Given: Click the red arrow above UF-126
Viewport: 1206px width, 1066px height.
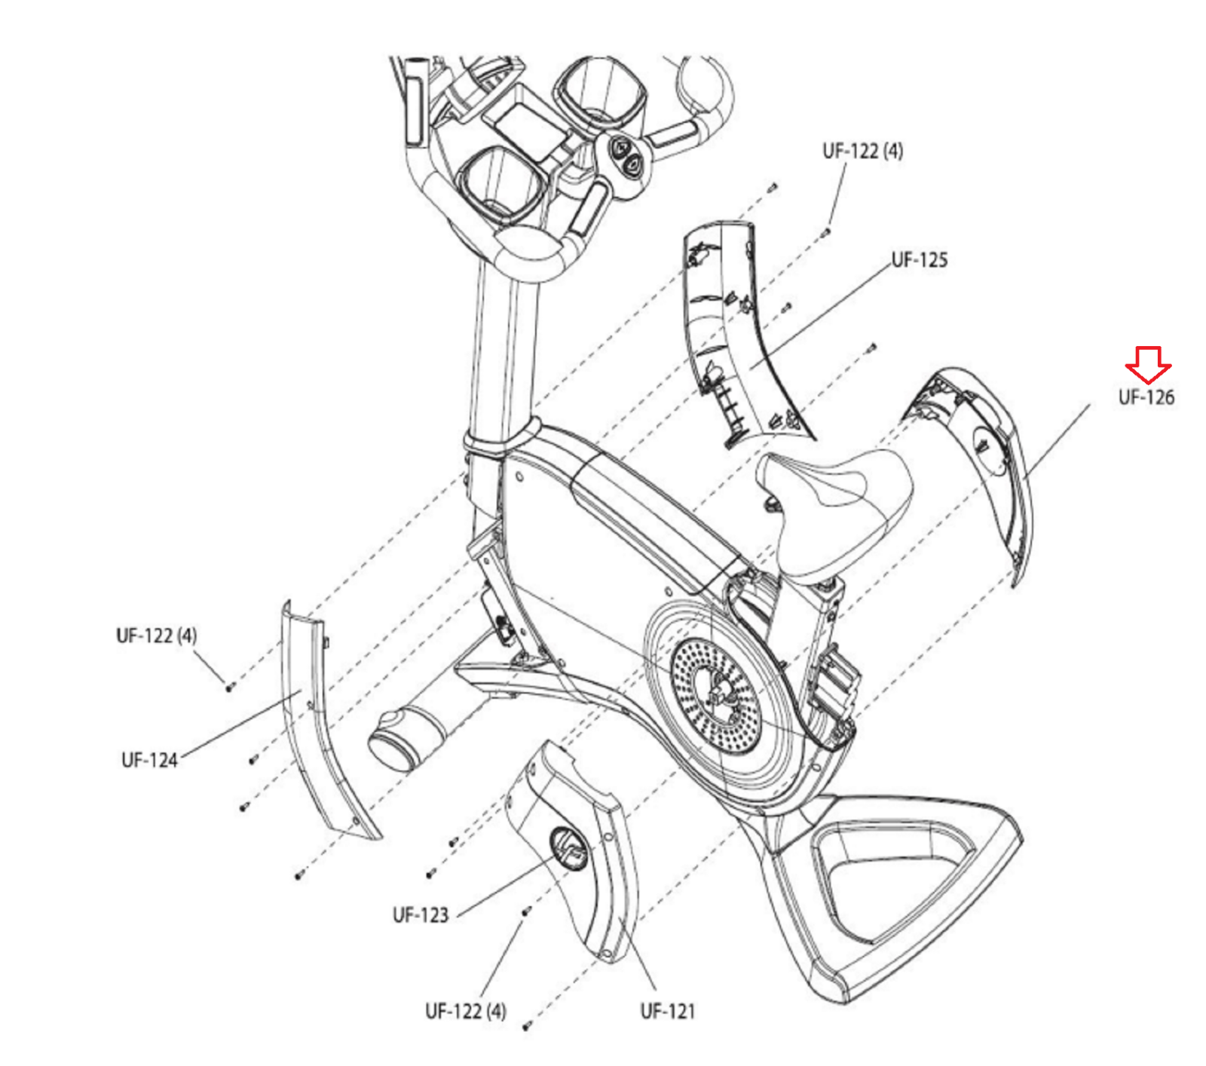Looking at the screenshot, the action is point(1148,364).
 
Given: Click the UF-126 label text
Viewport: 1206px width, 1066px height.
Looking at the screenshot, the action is point(1146,397).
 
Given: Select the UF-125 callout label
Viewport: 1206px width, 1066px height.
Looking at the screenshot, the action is point(919,260).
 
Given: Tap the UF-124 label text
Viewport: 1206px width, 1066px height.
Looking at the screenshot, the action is point(149,760).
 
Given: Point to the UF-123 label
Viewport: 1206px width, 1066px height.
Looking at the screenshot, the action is point(420,915).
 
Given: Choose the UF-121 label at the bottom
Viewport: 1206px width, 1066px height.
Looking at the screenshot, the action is point(667,1011).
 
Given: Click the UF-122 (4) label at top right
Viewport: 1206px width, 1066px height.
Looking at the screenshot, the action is point(862,151).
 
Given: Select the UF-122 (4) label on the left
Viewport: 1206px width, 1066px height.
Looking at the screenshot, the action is point(156,636).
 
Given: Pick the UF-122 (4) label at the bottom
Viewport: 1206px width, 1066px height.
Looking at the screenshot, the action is point(465,1011).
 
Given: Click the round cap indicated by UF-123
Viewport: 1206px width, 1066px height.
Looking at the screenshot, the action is point(567,848).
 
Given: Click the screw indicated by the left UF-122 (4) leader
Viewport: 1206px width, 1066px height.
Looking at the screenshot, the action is point(229,686).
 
